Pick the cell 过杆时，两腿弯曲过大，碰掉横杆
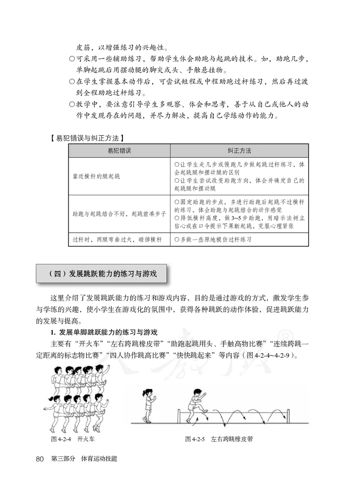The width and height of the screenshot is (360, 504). [117, 240]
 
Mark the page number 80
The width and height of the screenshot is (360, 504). [39, 459]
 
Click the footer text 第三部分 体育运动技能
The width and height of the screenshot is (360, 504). [84, 459]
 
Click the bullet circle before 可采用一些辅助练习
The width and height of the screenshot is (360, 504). [72, 59]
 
